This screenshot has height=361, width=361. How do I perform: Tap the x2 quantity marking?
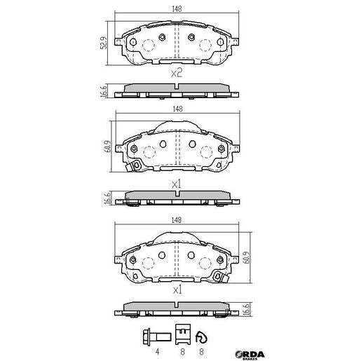177,72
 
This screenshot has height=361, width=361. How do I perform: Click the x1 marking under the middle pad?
177,184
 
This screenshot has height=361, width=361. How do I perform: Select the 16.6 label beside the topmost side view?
104,90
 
